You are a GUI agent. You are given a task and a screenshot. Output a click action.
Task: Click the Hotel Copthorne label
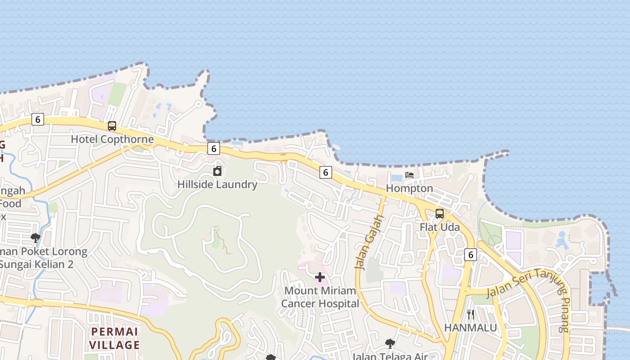click(x=112, y=139)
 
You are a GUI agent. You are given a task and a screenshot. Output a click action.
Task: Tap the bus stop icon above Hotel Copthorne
click(x=112, y=126)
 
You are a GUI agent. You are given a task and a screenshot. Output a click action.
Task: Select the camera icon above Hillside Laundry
click(x=217, y=171)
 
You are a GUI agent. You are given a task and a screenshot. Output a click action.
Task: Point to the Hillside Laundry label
click(x=217, y=184)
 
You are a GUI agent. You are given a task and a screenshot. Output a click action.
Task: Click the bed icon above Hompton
click(x=409, y=175)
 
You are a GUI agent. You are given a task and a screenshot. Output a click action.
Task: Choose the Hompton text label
click(x=409, y=189)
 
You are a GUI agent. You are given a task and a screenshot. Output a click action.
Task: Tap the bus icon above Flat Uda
click(x=440, y=214)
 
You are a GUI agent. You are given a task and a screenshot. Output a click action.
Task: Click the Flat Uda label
click(x=440, y=227)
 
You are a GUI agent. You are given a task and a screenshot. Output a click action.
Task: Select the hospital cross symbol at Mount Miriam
click(x=320, y=277)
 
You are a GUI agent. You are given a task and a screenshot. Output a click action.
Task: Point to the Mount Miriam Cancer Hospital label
click(x=320, y=297)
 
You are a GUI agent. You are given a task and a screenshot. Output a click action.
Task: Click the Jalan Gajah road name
click(x=371, y=242)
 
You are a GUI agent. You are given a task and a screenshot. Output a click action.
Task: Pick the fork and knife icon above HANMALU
click(x=471, y=314)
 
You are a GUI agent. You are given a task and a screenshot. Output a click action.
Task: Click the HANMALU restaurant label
click(x=471, y=328)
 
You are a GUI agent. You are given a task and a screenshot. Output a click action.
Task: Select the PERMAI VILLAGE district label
click(x=114, y=338)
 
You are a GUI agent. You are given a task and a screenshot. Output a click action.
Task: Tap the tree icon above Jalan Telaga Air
click(x=390, y=344)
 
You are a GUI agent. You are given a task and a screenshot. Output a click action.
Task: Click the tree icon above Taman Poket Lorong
click(x=36, y=238)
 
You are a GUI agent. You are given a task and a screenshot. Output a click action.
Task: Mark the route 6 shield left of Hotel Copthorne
click(x=38, y=119)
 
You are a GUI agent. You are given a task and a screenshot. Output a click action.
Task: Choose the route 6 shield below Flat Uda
click(x=470, y=255)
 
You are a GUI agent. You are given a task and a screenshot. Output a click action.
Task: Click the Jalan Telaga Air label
click(x=390, y=356)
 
